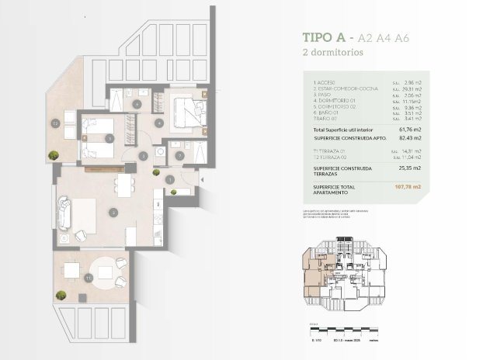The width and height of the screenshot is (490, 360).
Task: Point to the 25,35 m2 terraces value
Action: click(x=406, y=168)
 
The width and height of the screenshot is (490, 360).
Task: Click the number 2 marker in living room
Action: click(x=113, y=211)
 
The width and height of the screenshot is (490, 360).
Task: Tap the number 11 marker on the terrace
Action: click(x=89, y=276)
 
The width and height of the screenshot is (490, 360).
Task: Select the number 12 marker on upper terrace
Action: click(x=55, y=123)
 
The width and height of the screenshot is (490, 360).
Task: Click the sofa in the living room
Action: click(x=64, y=210)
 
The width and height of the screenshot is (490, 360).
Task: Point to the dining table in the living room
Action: click(x=124, y=185)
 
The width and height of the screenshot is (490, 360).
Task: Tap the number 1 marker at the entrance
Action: click(x=169, y=180)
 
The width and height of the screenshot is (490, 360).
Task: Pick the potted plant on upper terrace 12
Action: click(x=52, y=155)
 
